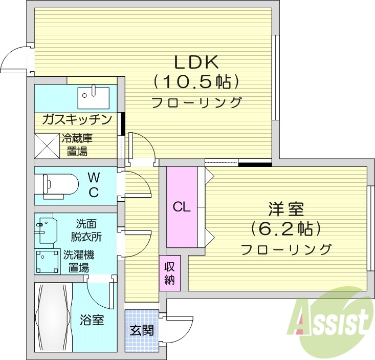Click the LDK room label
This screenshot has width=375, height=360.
coord(197,62)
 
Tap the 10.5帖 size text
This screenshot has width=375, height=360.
coord(196,82)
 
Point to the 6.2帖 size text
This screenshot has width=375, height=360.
coord(286,228)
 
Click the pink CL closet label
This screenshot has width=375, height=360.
coord(182,207)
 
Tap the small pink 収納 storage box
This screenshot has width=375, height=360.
coord(170,273)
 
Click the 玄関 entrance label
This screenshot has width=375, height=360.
coord(142,330)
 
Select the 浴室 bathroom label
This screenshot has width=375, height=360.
coord(92,321)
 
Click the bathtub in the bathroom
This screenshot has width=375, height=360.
coord(52,317)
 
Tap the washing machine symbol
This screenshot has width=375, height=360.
coord(47,261)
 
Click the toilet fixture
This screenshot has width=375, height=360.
coord(56,185)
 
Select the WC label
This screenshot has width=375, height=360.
coord(94,185)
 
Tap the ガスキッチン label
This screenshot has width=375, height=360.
coord(77,120)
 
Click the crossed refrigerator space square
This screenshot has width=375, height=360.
coord(47,145)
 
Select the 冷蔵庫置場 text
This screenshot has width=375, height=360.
coord(77,144)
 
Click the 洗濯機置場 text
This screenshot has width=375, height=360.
coord(78,261)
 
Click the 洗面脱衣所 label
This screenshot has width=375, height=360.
coord(86,230)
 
